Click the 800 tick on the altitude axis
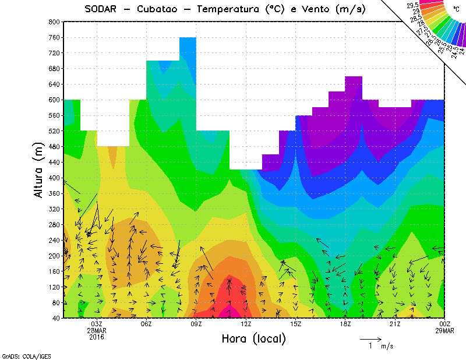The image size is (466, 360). [53, 22]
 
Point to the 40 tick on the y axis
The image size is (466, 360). [55, 318]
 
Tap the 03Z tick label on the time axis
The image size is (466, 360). [97, 324]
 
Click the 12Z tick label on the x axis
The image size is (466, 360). [246, 324]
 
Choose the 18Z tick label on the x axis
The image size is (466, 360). [345, 324]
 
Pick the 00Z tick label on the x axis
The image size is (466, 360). [445, 324]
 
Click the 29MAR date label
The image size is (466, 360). [445, 330]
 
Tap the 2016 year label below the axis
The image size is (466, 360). [97, 337]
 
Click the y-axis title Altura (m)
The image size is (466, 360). [39, 168]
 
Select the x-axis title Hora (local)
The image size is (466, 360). [254, 338]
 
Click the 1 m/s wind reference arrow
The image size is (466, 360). [370, 338]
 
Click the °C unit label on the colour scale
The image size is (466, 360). [456, 9]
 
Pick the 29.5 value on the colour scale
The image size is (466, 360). [414, 6]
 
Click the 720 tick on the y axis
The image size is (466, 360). [53, 53]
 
